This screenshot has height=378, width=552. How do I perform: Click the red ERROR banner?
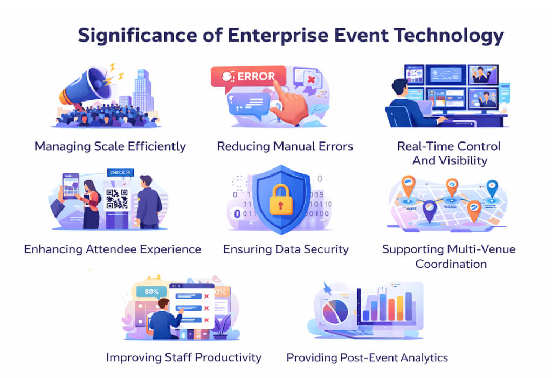pyautogui.click(x=246, y=77)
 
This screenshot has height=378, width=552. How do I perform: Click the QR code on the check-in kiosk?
pyautogui.click(x=117, y=199)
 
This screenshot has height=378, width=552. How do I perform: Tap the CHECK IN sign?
pyautogui.click(x=120, y=173)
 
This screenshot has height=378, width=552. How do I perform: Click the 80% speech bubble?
pyautogui.click(x=151, y=292)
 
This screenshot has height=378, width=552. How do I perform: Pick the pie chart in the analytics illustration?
pyautogui.click(x=335, y=312)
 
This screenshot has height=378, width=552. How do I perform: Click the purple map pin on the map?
pyautogui.click(x=430, y=210)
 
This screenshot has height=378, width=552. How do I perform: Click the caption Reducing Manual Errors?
pyautogui.click(x=285, y=146)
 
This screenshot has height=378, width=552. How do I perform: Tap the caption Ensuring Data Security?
pyautogui.click(x=286, y=249)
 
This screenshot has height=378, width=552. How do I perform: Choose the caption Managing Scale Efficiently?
pyautogui.click(x=110, y=146)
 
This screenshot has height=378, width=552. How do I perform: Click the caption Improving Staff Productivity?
pyautogui.click(x=184, y=357)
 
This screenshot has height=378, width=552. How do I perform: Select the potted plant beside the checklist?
pyautogui.click(x=222, y=325)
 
